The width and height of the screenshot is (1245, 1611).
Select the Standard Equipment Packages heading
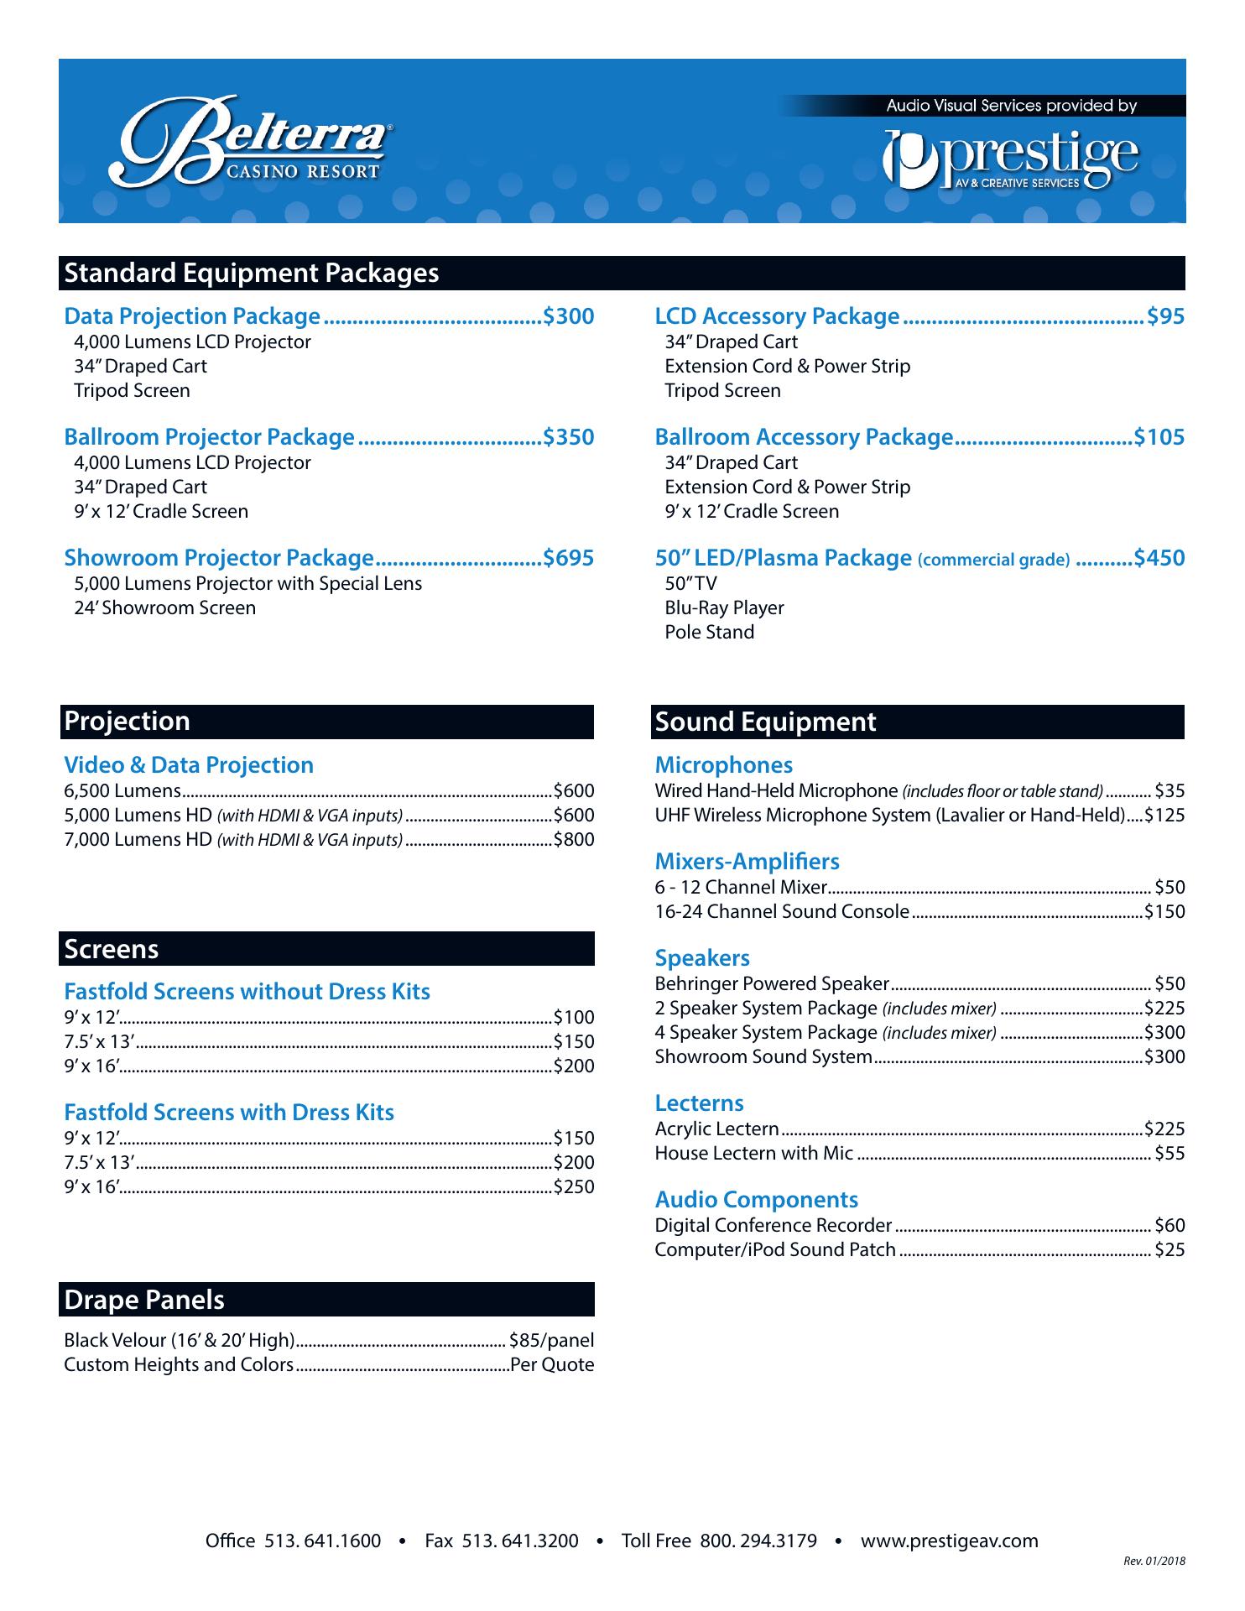252,274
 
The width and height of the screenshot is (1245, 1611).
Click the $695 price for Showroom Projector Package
569,558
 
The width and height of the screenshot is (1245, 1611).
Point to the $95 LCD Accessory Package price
1166,316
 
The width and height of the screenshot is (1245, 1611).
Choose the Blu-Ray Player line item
724,607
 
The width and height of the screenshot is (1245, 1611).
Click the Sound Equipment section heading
765,722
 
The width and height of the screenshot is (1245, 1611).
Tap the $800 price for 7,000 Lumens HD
574,840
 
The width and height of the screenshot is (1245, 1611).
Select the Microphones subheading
723,765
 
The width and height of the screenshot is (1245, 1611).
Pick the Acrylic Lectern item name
716,1129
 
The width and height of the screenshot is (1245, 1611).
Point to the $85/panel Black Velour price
551,1341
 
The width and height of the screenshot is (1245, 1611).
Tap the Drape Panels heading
144,1300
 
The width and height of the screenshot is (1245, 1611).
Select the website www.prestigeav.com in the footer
949,1541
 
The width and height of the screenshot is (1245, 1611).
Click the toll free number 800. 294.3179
758,1541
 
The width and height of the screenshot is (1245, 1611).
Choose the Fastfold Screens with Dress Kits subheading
229,1113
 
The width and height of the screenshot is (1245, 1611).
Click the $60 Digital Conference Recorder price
1169,1226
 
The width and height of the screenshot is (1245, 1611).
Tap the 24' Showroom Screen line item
164,608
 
